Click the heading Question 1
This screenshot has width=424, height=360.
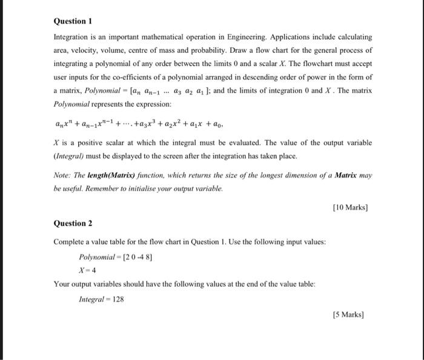tap(72, 21)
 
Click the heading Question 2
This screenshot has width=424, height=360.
tap(72, 223)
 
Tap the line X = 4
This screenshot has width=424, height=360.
tap(88, 270)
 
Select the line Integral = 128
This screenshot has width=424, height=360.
tap(101, 299)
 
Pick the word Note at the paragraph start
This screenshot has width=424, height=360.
tap(62, 175)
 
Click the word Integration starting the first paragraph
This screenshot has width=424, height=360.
tap(73, 38)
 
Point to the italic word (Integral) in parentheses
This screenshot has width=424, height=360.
tap(71, 156)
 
